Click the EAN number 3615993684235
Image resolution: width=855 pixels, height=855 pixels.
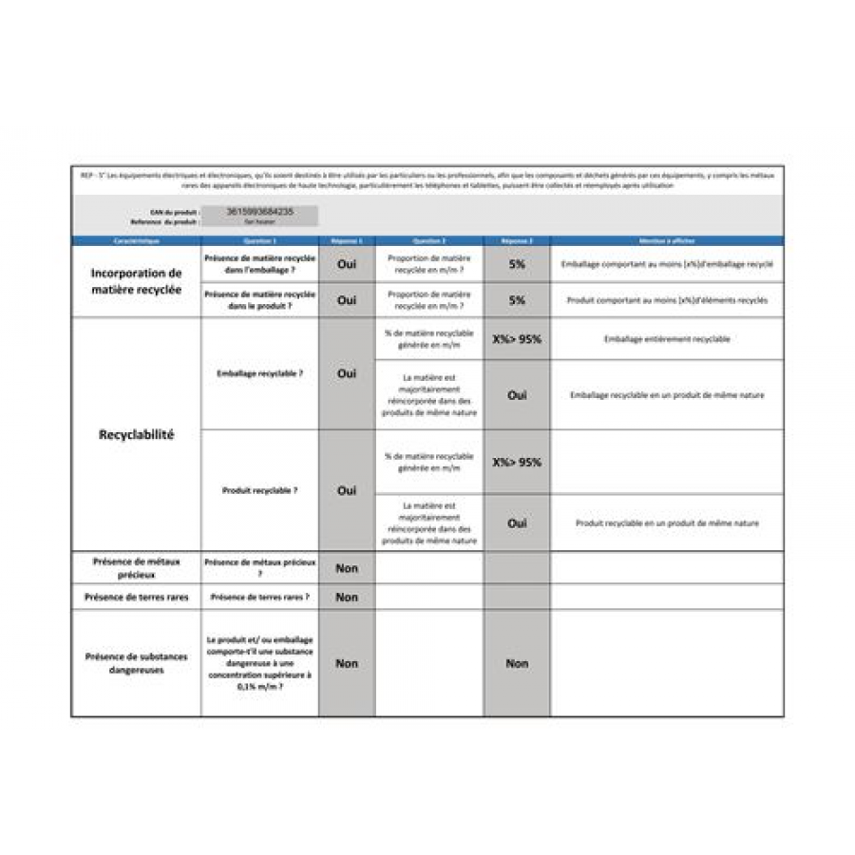259,212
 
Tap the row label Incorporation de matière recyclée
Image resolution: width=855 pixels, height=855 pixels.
136,281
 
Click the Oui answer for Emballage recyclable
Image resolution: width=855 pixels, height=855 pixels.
347,373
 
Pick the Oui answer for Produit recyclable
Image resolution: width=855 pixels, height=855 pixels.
347,490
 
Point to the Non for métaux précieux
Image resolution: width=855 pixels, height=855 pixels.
347,568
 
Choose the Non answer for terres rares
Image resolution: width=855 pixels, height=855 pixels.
347,597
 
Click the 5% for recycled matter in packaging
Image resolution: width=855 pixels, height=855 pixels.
517,264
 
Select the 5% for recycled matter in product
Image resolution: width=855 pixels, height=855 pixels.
517,299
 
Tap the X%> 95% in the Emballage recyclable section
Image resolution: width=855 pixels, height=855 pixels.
517,338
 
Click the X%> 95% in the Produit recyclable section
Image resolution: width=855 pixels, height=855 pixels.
517,462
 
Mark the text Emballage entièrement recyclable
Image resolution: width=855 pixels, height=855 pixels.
667,339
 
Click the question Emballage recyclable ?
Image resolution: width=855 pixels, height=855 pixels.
259,374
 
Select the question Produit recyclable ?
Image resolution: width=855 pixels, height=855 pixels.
259,490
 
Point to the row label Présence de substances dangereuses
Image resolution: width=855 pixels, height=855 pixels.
136,662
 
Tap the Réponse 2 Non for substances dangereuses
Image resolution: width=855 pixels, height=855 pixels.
517,663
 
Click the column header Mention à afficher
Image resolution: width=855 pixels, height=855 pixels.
667,241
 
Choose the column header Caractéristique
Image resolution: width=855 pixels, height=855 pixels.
136,241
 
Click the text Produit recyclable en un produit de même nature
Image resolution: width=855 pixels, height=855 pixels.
667,522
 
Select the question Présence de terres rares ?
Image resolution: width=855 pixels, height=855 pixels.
259,597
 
